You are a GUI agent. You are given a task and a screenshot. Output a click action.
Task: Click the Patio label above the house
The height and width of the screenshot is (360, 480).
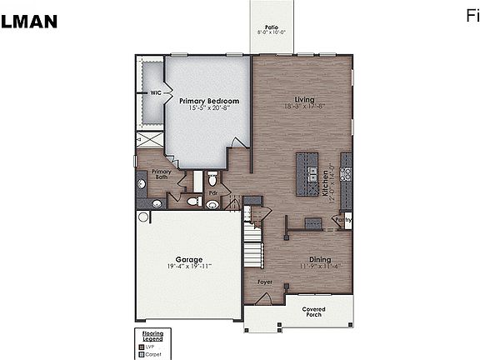point(271,27)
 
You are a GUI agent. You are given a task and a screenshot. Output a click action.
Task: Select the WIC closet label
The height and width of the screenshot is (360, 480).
point(156,93)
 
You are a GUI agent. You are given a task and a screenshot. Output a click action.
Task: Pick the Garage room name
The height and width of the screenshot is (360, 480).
point(188,259)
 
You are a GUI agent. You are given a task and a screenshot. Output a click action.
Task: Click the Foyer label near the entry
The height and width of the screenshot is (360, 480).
point(264,282)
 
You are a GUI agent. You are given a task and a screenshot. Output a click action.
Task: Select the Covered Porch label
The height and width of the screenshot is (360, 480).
point(313,312)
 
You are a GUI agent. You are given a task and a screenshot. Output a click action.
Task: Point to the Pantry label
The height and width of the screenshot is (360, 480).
point(343,220)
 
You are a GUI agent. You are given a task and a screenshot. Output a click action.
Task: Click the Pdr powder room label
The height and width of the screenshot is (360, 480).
point(212,192)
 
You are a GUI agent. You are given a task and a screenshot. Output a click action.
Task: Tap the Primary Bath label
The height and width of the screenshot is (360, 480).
point(161,174)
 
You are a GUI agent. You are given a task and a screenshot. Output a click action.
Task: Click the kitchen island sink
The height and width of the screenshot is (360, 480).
point(312,176)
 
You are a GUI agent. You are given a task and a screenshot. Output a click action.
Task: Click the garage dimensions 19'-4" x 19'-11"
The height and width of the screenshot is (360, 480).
point(188,267)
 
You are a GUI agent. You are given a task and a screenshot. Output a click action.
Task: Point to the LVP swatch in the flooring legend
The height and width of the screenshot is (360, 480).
point(142,346)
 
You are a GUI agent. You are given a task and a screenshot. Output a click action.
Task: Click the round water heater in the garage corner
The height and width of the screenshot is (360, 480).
point(144,217)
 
